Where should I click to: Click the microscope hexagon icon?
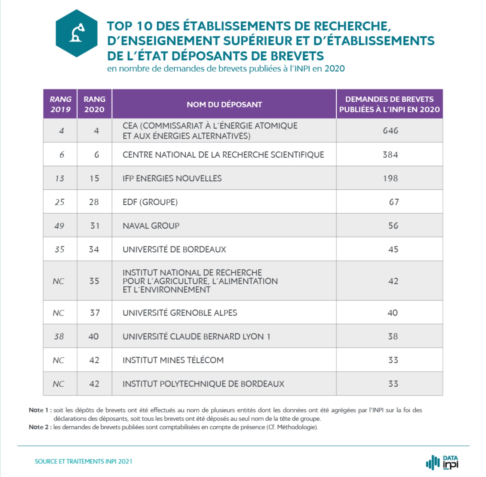[76, 33]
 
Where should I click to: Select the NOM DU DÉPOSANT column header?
[224, 104]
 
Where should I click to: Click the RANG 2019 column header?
[60, 104]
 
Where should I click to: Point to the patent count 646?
[390, 131]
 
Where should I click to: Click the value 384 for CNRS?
[390, 154]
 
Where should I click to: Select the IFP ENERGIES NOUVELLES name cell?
[172, 178]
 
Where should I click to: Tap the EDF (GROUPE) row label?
[150, 202]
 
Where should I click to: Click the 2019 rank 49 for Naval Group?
[59, 226]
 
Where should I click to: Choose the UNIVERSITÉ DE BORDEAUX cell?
[174, 249]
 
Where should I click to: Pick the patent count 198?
[390, 178]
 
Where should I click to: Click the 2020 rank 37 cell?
[95, 313]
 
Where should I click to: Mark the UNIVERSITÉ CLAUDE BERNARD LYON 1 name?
[196, 336]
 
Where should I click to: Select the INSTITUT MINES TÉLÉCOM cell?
[173, 360]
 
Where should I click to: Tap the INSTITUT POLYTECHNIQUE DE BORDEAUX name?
[203, 384]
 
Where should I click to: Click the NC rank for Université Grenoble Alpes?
[59, 313]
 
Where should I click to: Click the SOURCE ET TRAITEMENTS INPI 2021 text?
[83, 461]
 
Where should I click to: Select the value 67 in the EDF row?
[394, 202]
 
